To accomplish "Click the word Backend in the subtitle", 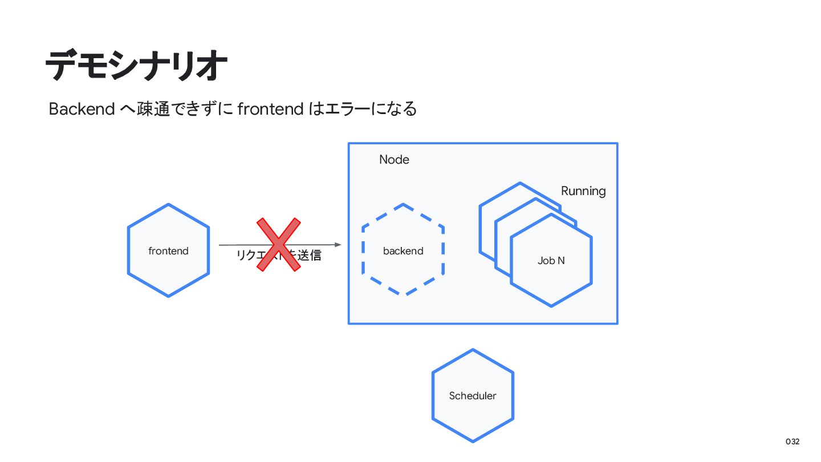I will (82, 108).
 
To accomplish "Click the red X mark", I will (278, 244).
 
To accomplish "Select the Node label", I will (394, 160).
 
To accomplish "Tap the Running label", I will (583, 191).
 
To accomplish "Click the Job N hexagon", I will (551, 279).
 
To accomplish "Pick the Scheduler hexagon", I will (473, 416).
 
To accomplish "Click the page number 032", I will (792, 442).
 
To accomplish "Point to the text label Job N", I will (551, 261).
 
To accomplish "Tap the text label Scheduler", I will (473, 396).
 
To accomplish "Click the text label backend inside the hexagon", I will (403, 251).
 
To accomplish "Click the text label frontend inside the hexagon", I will (168, 251).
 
